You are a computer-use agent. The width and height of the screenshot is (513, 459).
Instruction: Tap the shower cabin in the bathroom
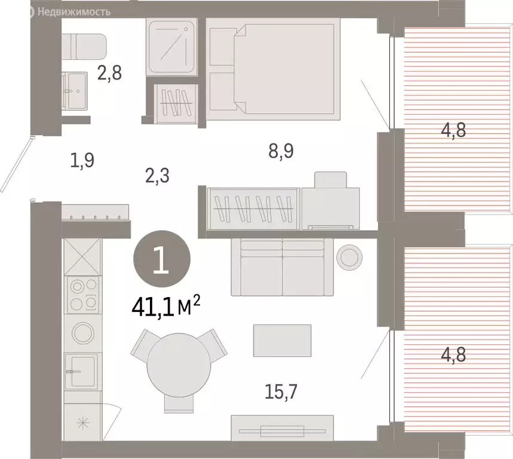click(x=172, y=47)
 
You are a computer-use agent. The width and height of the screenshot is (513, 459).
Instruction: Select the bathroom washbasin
click(x=75, y=91)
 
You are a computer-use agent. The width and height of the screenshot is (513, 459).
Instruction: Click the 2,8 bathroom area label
click(x=110, y=73)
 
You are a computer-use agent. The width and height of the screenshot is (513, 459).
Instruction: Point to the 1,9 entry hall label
click(x=82, y=160)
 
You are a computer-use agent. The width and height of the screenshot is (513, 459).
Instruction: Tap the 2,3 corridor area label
click(x=158, y=176)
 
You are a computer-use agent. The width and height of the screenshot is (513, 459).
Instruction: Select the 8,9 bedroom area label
click(x=281, y=151)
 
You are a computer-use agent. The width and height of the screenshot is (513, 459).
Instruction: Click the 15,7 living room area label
click(x=281, y=391)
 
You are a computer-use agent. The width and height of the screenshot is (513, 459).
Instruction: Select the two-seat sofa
click(x=282, y=267)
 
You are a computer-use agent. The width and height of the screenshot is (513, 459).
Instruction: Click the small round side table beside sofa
click(x=349, y=258)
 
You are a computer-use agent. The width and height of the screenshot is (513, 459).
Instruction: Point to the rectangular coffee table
click(x=282, y=341)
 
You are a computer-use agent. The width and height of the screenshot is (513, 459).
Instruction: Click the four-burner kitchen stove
click(x=83, y=295)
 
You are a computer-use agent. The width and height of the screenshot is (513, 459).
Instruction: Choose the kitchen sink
click(x=81, y=371)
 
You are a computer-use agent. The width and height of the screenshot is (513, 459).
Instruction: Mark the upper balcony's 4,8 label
click(x=453, y=130)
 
